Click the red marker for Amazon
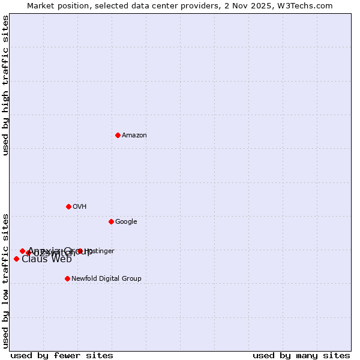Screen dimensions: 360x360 coord(118,135)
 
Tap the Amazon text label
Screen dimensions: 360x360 coord(134,136)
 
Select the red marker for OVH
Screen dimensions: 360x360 coord(68,206)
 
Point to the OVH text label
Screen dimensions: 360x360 coord(80,207)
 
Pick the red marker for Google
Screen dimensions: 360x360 coord(111,221)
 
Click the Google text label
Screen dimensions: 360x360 coord(126,222)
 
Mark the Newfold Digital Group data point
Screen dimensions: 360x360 coord(67,278)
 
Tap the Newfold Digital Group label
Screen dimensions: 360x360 coord(106,279)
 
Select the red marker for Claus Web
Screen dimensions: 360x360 coord(16,259)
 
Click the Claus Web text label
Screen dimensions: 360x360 coord(47,259)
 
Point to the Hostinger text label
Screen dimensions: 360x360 coord(100,251)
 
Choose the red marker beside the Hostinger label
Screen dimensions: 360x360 coord(79,251)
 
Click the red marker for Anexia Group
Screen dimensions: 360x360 coord(22,251)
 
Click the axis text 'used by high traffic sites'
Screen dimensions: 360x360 coord(6,85)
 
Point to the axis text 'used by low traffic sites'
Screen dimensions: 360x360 coord(6,280)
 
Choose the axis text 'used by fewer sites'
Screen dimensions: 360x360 coord(62,356)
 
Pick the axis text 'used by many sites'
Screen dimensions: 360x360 coord(301,356)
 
